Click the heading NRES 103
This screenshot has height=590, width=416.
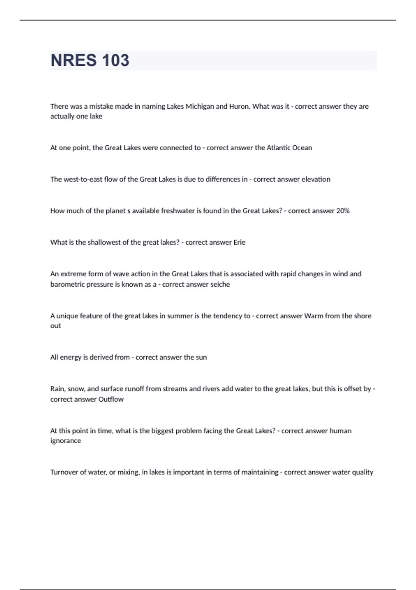pyautogui.click(x=90, y=60)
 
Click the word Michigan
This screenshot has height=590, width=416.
pyautogui.click(x=200, y=107)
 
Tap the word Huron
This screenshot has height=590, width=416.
pyautogui.click(x=239, y=107)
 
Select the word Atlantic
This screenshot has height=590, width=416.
pyautogui.click(x=278, y=148)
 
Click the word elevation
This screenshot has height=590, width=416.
pyautogui.click(x=315, y=179)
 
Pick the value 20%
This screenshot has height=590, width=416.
pyautogui.click(x=343, y=211)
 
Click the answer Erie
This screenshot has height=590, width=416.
pyautogui.click(x=239, y=243)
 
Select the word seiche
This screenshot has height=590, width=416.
pyautogui.click(x=220, y=285)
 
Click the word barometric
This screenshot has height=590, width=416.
pyautogui.click(x=67, y=285)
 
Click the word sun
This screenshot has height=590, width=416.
pyautogui.click(x=201, y=357)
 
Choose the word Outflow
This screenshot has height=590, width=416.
pyautogui.click(x=111, y=399)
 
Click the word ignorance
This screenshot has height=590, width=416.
pyautogui.click(x=66, y=441)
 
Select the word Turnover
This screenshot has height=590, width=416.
pyautogui.click(x=65, y=472)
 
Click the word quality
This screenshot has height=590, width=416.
pyautogui.click(x=362, y=472)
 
